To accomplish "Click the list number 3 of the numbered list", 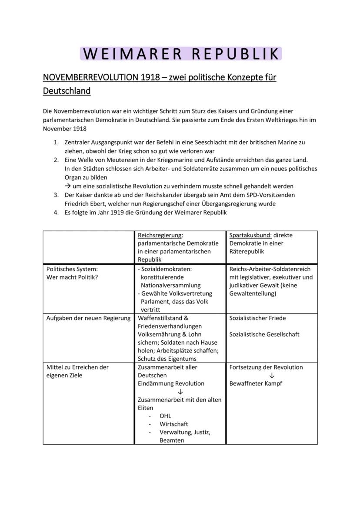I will (57, 195).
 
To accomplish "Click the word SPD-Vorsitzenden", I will (270, 195).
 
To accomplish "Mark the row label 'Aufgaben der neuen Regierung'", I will (88, 318).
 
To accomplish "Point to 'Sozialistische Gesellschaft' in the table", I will (264, 334).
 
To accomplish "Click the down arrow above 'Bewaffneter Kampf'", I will (272, 376).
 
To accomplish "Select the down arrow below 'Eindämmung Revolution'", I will (180, 392).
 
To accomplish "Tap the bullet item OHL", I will (165, 416).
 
